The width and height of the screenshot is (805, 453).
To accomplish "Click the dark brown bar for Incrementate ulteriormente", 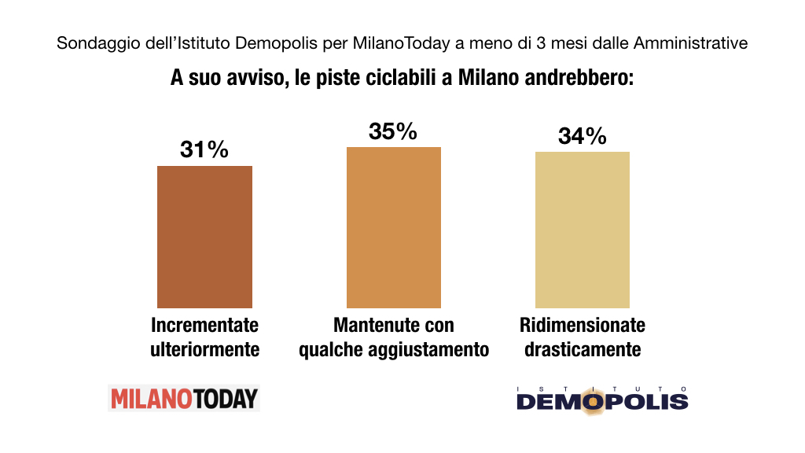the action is coord(205,237).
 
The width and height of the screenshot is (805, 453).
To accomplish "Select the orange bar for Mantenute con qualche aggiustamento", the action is coord(394,227).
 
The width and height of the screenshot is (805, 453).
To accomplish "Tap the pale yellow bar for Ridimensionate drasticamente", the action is coord(583,230).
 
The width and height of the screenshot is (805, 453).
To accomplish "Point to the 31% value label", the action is coord(204,149).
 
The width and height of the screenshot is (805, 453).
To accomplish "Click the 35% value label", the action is coord(393,131).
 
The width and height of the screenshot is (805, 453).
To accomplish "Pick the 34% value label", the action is coord(583,136).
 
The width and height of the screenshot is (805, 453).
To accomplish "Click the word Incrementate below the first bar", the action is coord(205,325).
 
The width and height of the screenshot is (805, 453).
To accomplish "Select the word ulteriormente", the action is coord(205,349).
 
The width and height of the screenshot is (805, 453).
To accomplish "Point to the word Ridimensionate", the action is coord(583,325).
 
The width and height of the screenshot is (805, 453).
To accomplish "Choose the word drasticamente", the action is coord(583,349).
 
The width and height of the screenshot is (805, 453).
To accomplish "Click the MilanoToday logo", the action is coord(184,398).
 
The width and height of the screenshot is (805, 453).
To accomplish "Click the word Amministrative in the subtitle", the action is coord(690,42).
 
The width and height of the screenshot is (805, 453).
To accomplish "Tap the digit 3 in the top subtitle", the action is coord(541,42).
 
